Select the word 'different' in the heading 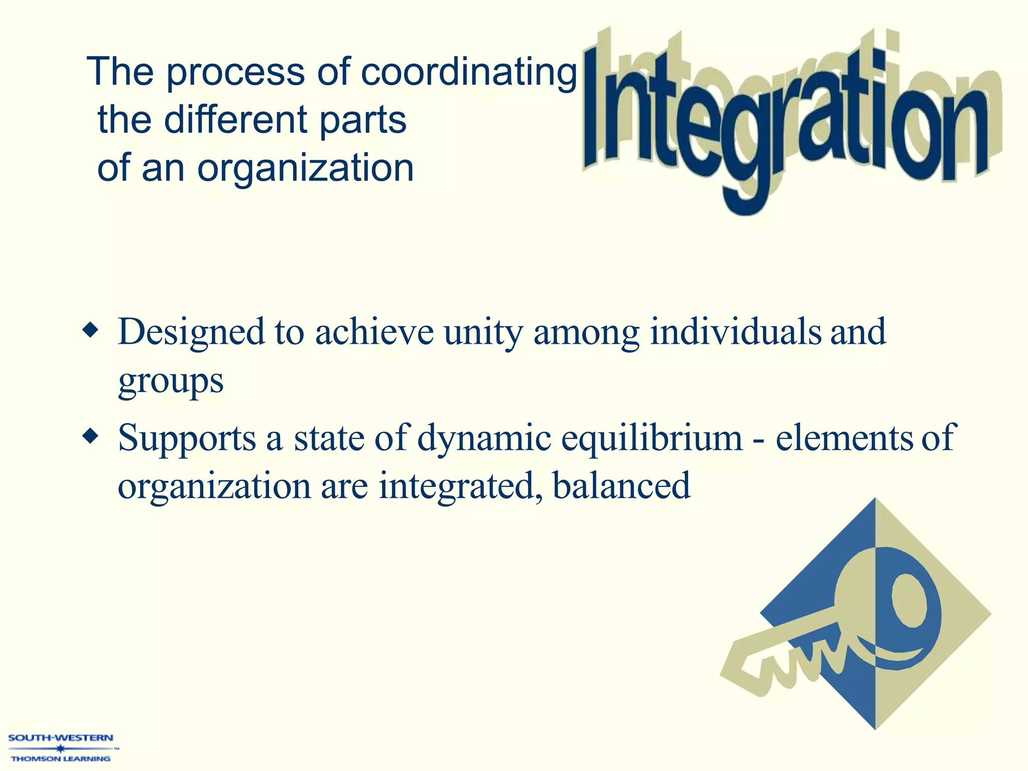(236, 120)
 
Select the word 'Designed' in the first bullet (191, 332)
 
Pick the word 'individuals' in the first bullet (735, 332)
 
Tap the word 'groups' (171, 381)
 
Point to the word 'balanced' (621, 486)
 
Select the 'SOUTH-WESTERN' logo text (61, 738)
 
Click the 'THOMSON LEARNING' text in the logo (61, 758)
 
